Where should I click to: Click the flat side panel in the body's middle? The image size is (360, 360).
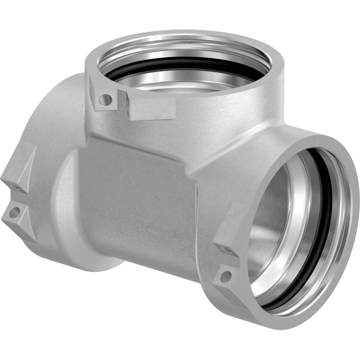(x=135, y=198)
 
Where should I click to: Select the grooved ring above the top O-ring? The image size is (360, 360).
(x=180, y=49)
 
